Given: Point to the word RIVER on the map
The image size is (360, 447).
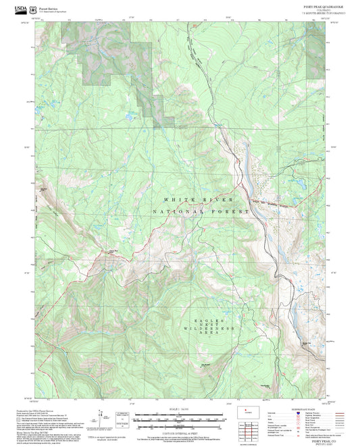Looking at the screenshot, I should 220,201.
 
